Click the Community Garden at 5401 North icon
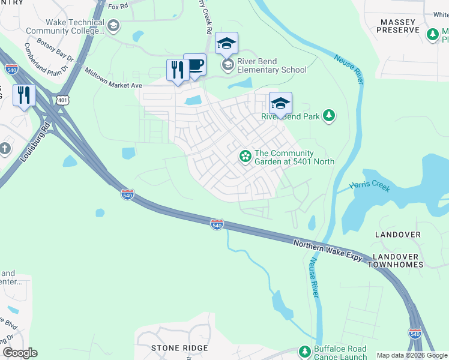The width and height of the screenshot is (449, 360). point(245,157)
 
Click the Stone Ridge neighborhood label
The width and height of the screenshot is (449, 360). point(175,347)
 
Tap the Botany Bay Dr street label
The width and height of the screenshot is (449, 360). point(55,51)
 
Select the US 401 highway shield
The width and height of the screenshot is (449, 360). point(63,100)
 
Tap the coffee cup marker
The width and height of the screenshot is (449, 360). point(194,65)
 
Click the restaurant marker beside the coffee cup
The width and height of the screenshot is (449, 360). point(178,70)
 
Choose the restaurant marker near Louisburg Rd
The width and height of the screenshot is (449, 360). point(24,95)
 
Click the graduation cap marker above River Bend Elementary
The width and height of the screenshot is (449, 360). point(226,43)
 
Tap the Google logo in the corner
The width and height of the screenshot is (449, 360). point(20,352)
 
